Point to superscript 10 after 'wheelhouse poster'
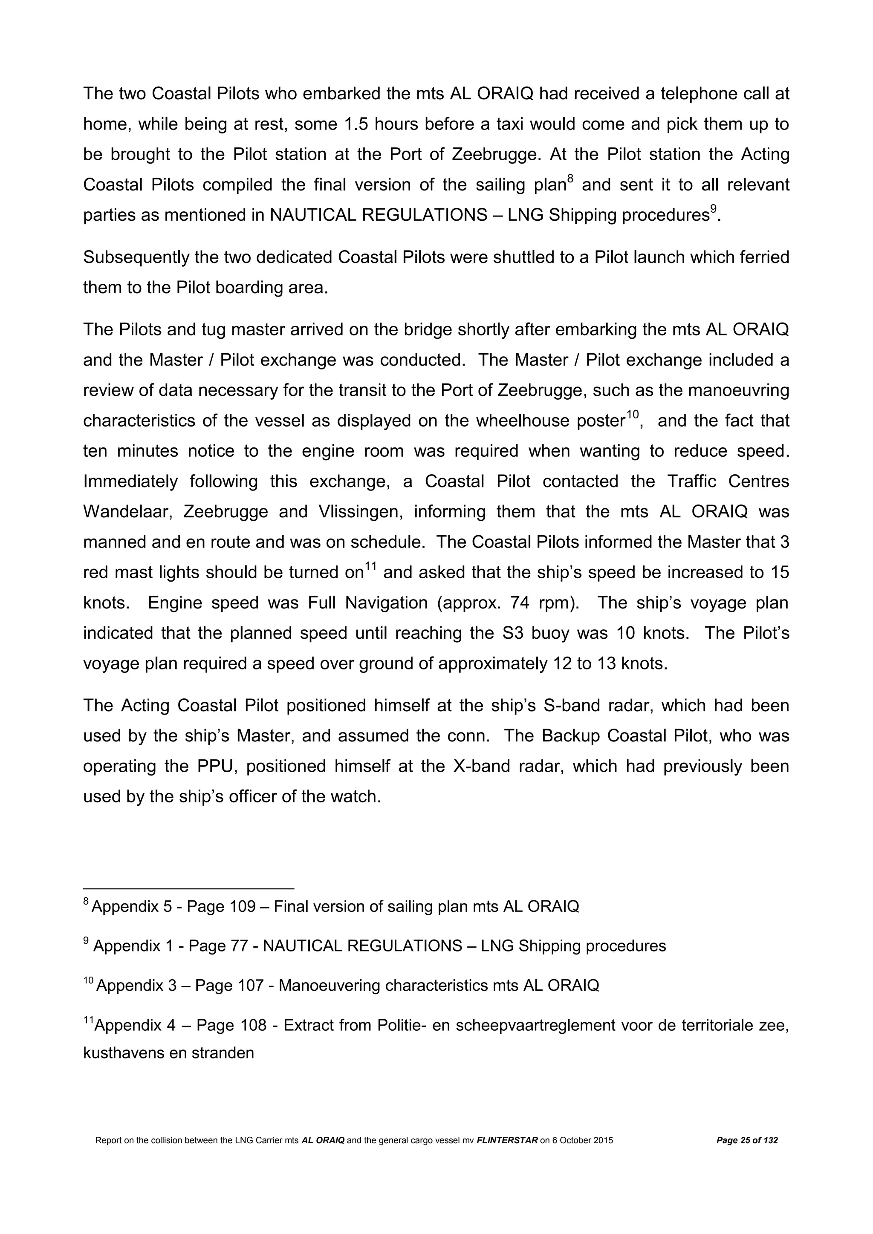click(x=631, y=414)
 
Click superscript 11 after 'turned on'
click(x=370, y=566)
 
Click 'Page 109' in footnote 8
click(x=221, y=907)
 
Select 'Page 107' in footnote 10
click(x=229, y=986)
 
